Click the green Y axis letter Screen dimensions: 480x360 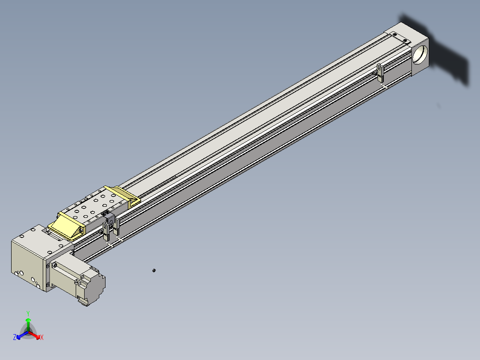(x=28, y=313)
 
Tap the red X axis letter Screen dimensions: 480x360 (x=42, y=337)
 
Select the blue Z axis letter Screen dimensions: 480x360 (x=15, y=337)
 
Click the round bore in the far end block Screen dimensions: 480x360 (x=420, y=54)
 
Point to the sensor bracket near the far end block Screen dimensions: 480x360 (x=379, y=73)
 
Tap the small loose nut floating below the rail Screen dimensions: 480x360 (x=154, y=270)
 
